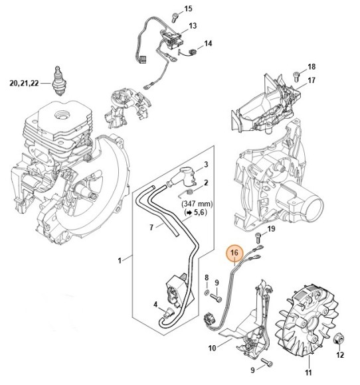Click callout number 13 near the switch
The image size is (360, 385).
click(193, 26)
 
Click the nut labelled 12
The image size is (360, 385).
click(340, 339)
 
